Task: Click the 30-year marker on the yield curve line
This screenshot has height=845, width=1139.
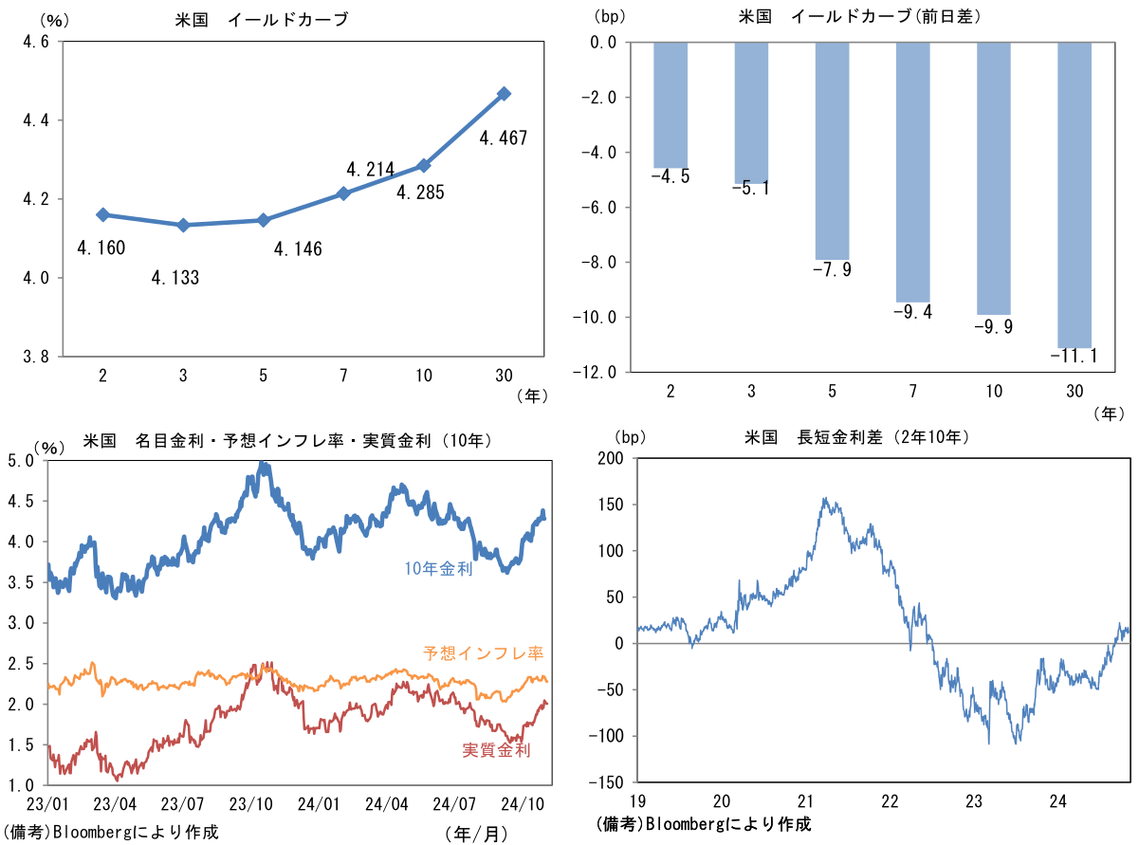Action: coord(505,94)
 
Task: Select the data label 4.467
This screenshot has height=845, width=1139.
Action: coord(503,138)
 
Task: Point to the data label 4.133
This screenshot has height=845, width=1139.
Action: coord(175,278)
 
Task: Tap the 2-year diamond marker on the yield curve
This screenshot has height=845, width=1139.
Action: coord(103,215)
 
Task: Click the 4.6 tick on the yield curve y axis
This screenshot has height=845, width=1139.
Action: coord(35,42)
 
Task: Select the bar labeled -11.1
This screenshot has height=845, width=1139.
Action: coord(1075,194)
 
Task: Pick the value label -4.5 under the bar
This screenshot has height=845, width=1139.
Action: coord(671,176)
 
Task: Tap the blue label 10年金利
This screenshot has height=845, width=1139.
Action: coord(438,569)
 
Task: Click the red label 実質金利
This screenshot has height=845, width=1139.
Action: coord(496,750)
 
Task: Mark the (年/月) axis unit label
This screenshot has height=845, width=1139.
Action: coord(475,833)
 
